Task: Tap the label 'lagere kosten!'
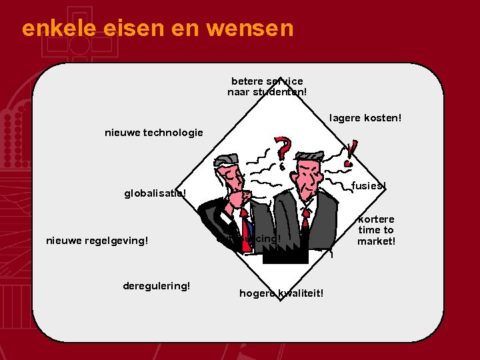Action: [366, 118]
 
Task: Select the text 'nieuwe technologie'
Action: [154, 133]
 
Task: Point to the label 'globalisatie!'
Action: [155, 195]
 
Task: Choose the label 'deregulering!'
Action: [157, 285]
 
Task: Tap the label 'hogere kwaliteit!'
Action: [281, 293]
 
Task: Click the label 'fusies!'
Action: [369, 185]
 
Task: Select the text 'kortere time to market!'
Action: [376, 230]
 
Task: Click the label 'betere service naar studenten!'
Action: [267, 87]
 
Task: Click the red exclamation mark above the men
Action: [351, 153]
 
